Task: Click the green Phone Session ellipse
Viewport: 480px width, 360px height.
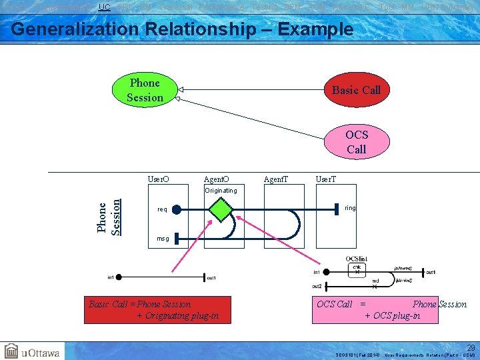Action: [145, 91]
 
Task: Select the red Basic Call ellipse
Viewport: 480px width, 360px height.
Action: [356, 89]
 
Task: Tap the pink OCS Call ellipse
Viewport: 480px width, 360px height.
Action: [356, 142]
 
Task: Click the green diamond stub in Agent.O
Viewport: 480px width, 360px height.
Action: [221, 209]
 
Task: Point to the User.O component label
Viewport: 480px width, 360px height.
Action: [158, 179]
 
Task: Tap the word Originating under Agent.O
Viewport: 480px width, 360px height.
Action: [221, 190]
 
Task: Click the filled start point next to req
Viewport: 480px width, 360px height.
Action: [176, 209]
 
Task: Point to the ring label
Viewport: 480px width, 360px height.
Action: [350, 208]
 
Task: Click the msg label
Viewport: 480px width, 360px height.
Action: [163, 238]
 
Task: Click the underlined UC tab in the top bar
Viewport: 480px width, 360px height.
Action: [104, 7]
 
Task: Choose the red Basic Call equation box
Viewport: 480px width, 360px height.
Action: [157, 309]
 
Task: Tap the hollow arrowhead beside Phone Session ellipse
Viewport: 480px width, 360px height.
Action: [181, 89]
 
